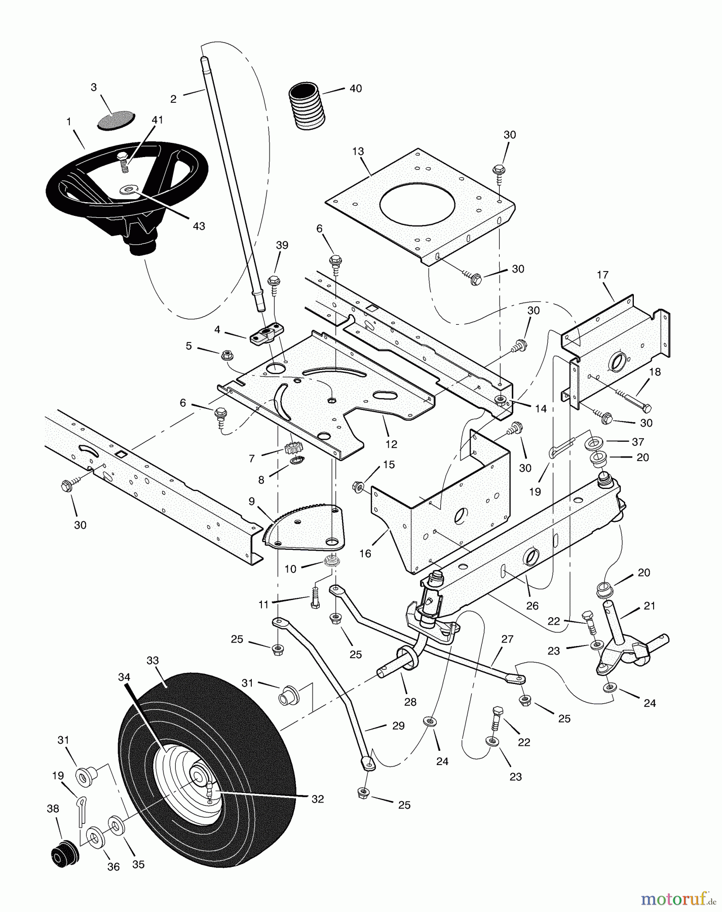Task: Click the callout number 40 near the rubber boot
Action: pos(356,88)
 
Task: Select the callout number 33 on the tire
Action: pos(153,661)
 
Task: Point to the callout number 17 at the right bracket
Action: pos(602,275)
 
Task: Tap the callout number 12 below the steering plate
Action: pos(391,444)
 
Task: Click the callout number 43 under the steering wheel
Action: pos(199,226)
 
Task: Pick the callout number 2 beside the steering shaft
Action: pos(173,99)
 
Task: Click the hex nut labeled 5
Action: pos(226,356)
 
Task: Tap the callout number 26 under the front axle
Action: pos(533,605)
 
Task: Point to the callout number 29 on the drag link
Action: pos(398,726)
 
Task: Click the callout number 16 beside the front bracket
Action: pos(365,554)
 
